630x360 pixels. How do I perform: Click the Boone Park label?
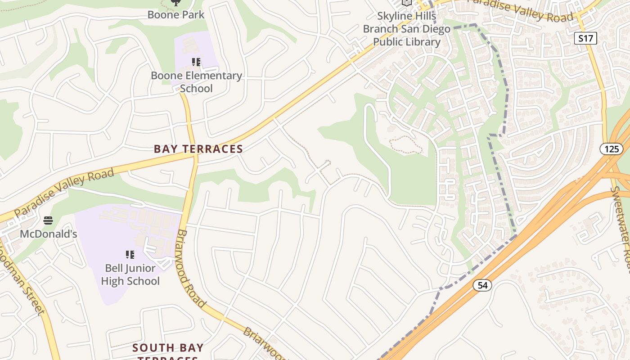pos(176,14)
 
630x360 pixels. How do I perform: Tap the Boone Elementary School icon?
pos(196,62)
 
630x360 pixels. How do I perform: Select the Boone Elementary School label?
pos(196,81)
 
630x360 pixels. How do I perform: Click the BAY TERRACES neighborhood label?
pos(198,149)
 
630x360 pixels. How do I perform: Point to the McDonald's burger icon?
pos(48,220)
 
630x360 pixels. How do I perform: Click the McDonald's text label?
pos(49,234)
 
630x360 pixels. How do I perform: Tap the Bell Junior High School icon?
pos(130,255)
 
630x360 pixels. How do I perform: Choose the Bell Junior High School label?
pos(130,274)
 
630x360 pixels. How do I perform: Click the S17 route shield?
pos(585,38)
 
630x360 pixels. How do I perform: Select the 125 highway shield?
pos(612,148)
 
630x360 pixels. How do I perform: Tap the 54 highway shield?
pos(482,285)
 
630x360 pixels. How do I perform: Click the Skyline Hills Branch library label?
pos(407,29)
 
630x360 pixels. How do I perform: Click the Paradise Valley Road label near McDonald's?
pos(64,193)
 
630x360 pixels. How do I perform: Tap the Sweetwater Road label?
pos(621,229)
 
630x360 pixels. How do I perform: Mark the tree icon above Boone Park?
pos(176,2)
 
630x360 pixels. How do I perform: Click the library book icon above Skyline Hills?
pos(407,2)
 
